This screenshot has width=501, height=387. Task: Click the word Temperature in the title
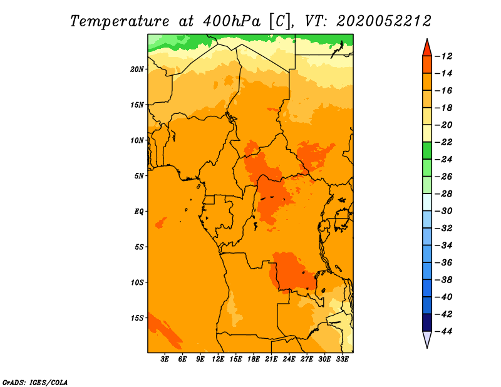click(120, 21)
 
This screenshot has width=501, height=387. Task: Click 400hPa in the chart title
click(231, 21)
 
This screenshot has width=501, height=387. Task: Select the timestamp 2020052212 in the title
click(384, 21)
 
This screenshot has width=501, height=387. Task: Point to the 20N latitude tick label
click(137, 70)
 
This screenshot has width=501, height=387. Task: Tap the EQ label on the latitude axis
click(139, 212)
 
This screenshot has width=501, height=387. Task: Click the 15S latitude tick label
click(137, 318)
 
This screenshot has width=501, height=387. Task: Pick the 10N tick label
click(137, 140)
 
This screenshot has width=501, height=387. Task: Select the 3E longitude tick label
click(165, 359)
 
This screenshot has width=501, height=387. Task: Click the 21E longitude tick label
click(271, 359)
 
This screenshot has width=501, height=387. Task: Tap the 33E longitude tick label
click(342, 359)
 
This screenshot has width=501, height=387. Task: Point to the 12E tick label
click(218, 359)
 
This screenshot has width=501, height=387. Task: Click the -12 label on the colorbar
click(443, 56)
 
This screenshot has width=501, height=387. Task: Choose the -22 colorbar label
click(443, 142)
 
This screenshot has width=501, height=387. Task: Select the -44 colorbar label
click(443, 331)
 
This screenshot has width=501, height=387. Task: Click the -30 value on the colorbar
click(443, 211)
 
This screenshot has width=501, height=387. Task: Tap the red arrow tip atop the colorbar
click(427, 39)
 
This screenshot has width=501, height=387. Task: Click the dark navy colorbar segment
click(427, 322)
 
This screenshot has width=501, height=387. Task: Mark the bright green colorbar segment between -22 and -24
click(427, 150)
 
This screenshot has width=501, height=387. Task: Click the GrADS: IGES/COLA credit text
click(35, 383)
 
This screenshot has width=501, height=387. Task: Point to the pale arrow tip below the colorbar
click(427, 348)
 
